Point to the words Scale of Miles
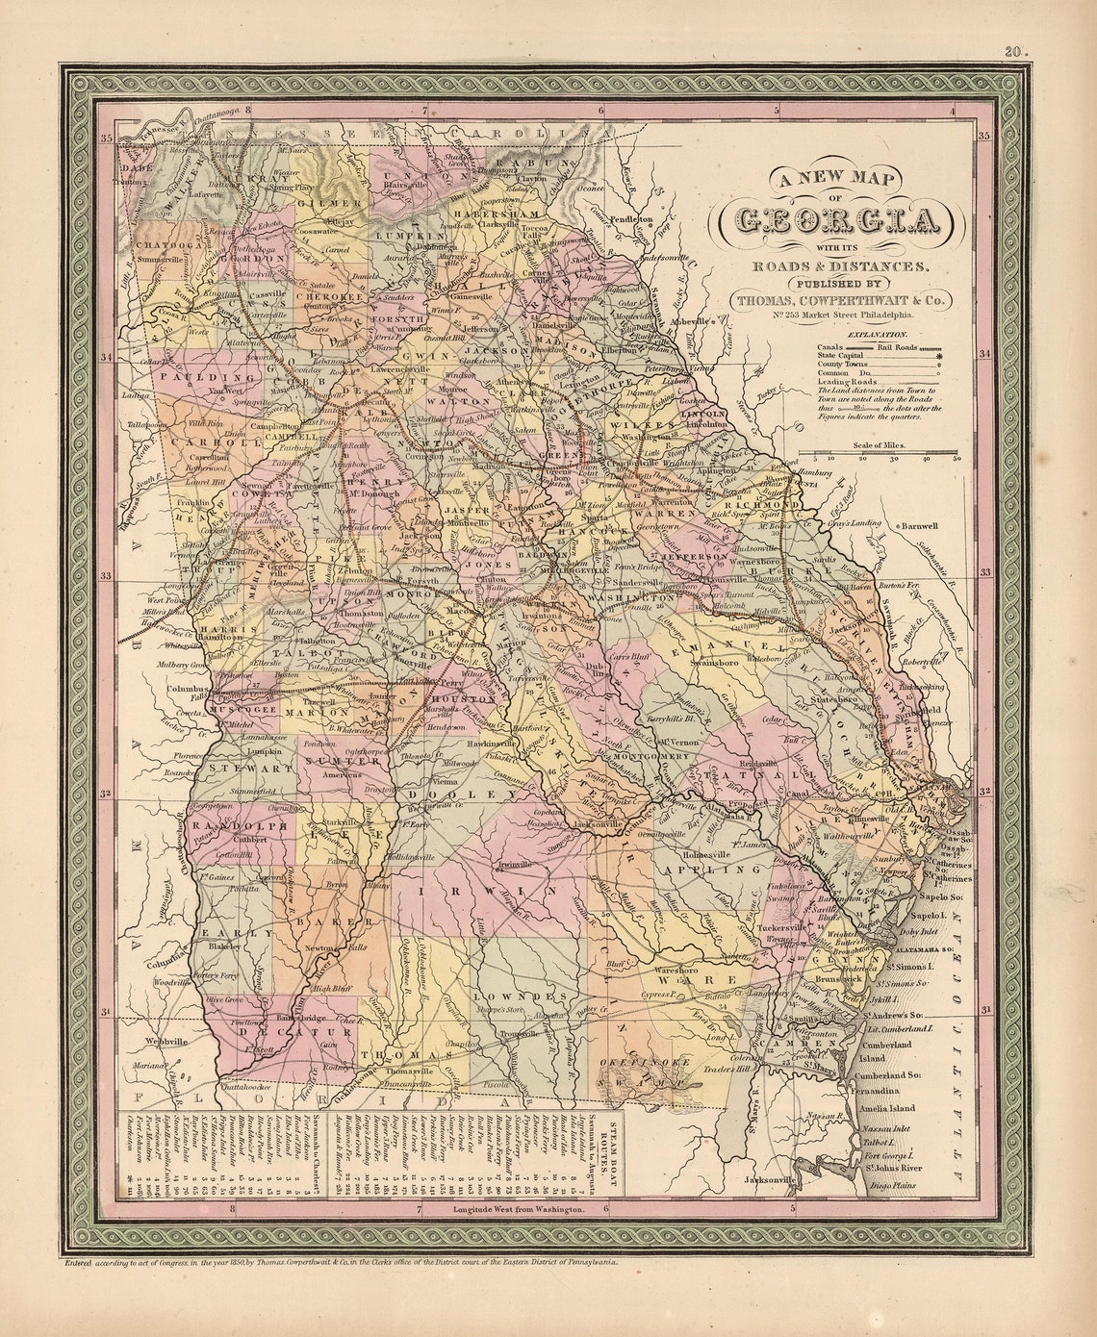[879, 446]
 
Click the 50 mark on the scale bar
[957, 459]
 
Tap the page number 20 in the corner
[1013, 53]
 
